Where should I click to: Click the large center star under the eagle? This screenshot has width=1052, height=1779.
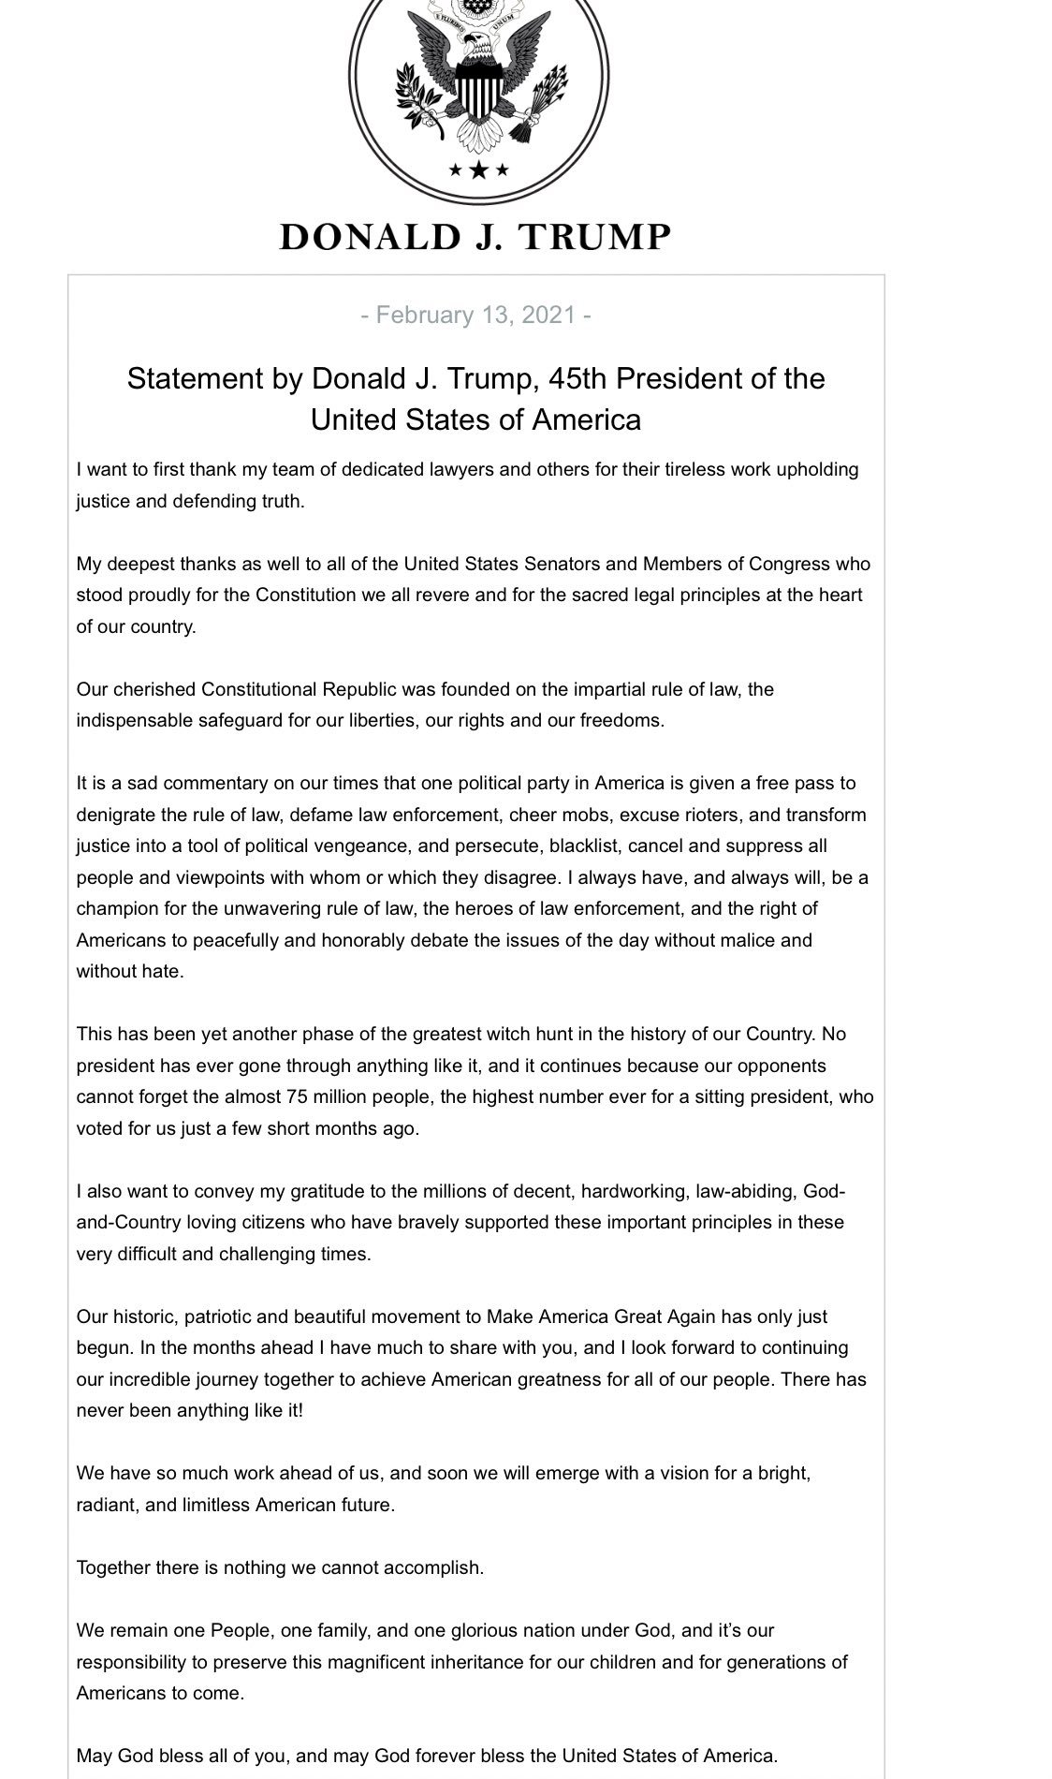tap(479, 169)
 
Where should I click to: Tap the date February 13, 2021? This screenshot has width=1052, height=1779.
tap(475, 315)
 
